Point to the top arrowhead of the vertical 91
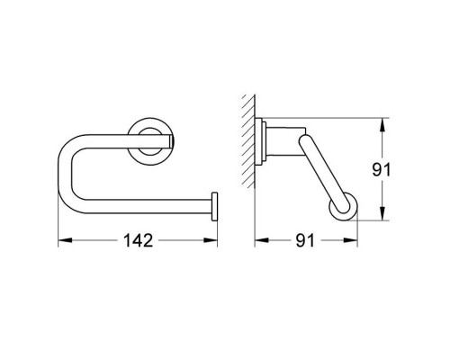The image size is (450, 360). click(384, 122)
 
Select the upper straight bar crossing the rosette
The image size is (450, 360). click(117, 139)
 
